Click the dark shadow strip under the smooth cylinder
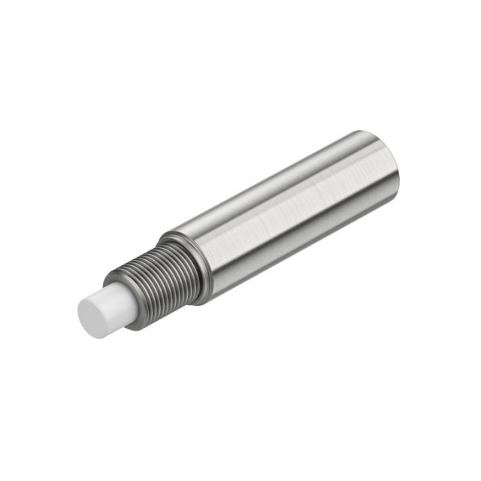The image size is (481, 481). click(301, 256)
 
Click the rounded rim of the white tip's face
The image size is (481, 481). click(81, 304)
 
